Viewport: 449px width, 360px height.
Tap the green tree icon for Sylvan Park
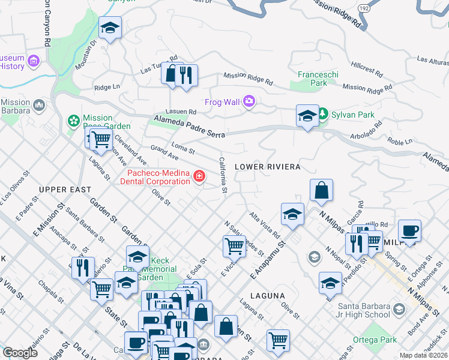pos(323,114)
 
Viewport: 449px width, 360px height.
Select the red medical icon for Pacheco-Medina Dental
pos(199,176)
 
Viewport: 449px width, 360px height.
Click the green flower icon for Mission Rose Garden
pos(74,121)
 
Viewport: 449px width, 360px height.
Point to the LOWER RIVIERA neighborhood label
pos(267,166)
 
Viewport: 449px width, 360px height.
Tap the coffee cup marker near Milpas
pos(409,230)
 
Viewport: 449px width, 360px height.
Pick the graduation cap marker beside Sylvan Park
pos(307,115)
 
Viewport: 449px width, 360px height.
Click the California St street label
pos(222,175)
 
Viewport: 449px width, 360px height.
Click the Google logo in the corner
pos(20,353)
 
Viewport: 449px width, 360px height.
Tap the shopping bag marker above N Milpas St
pos(322,190)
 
